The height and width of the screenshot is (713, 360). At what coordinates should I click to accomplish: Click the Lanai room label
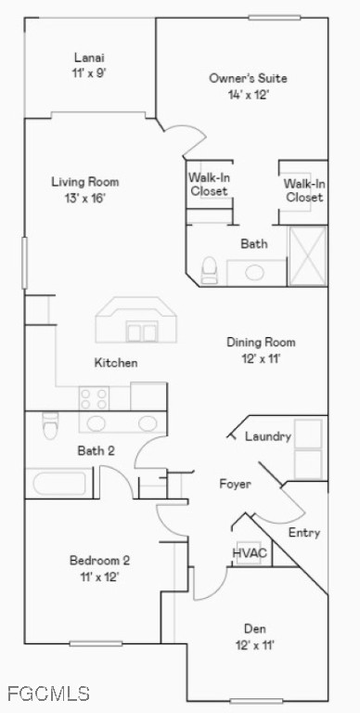(89, 58)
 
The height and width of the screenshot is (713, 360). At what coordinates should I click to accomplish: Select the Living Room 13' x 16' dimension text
(84, 198)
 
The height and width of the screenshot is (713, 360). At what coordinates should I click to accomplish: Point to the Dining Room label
(261, 342)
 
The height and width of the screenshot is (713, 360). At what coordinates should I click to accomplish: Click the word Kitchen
(116, 362)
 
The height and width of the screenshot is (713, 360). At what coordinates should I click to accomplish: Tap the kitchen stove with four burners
(94, 399)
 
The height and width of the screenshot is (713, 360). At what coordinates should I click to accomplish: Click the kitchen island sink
(141, 331)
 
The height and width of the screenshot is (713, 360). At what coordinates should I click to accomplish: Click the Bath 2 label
(96, 451)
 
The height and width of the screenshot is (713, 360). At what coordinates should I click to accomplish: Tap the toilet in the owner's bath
(210, 269)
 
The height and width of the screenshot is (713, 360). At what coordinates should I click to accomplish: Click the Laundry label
(268, 436)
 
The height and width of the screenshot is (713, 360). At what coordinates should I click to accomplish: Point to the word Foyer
(235, 484)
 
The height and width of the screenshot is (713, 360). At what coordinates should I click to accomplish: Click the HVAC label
(250, 553)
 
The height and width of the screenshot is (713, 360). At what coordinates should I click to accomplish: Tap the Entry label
(304, 533)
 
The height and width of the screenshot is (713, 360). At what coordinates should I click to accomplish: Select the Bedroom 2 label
(99, 560)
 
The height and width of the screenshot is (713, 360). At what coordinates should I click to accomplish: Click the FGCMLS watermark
(47, 693)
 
